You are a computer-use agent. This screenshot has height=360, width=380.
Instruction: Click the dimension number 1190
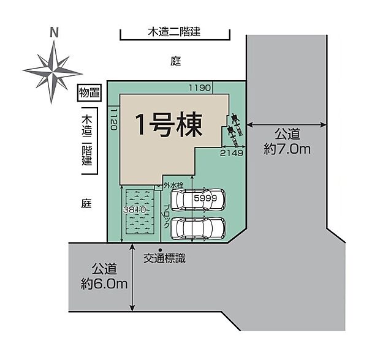pos(199,88)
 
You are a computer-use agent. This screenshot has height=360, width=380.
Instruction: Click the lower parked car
pos(198,228)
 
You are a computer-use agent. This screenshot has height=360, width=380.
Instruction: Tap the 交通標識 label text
pos(165,259)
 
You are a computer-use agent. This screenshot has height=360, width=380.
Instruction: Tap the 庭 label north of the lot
pos(176,61)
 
